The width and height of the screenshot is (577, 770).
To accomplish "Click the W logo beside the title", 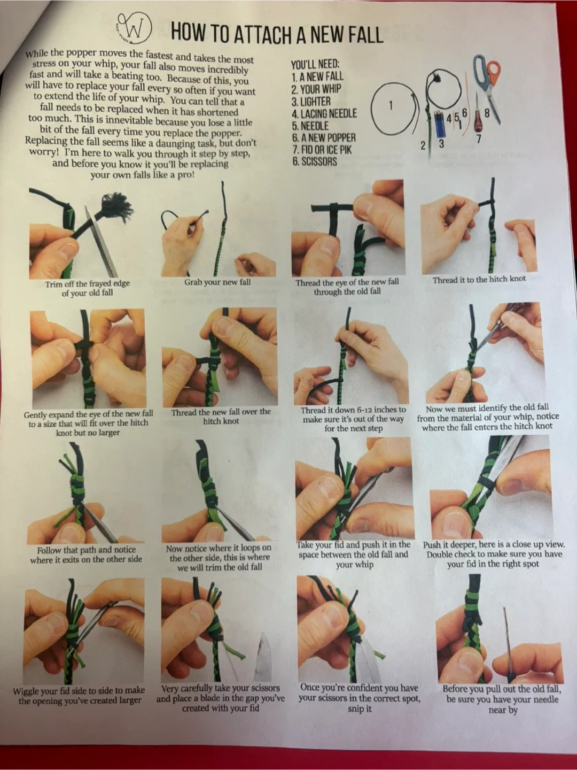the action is [134, 29].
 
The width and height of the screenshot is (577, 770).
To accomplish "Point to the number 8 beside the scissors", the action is [487, 114].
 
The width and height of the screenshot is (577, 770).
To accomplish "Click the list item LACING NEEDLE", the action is [324, 114].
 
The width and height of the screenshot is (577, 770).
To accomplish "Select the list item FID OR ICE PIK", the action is [322, 150].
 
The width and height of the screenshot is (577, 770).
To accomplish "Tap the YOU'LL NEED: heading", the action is [315, 64].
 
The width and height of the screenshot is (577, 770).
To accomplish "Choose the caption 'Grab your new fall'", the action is [217, 282].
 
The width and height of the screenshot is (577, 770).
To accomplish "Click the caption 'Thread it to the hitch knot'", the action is [479, 280].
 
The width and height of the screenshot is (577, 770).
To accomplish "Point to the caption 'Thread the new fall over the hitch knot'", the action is [221, 417].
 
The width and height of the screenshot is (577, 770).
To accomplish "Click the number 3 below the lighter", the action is [441, 144].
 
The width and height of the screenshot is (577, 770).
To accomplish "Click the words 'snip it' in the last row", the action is [360, 709].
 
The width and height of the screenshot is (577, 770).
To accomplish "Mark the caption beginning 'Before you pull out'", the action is [502, 699].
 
